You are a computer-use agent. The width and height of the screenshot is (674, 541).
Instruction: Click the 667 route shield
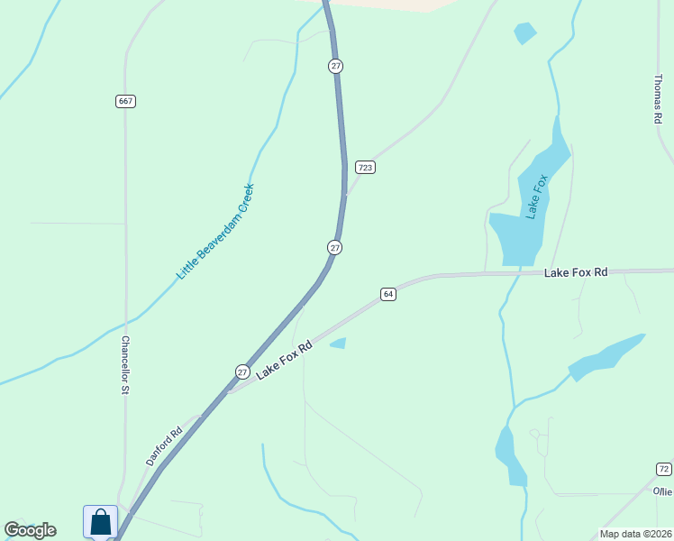(x=125, y=101)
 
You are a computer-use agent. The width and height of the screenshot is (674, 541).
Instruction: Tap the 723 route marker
(x=365, y=167)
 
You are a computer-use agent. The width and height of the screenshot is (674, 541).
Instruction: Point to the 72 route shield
(x=663, y=469)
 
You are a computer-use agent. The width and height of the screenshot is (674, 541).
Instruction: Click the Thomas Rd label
(x=658, y=98)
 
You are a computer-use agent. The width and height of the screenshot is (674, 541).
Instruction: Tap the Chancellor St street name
(x=126, y=365)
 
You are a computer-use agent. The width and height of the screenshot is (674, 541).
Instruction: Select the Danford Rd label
(x=165, y=445)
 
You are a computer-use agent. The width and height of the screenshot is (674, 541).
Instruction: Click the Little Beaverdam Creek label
(x=215, y=232)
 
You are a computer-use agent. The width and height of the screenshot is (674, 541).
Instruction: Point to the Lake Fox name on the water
(x=537, y=197)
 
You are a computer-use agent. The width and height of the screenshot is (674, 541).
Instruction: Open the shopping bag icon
(x=100, y=521)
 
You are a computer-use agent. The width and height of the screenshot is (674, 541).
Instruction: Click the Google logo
(x=30, y=530)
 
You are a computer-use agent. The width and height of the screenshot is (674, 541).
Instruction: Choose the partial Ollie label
(x=663, y=491)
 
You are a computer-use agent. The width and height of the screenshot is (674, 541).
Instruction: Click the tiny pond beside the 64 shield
(x=339, y=343)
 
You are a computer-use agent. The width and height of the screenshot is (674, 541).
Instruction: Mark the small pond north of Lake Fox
(x=524, y=33)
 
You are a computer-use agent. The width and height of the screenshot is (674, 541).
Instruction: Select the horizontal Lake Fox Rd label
(x=576, y=271)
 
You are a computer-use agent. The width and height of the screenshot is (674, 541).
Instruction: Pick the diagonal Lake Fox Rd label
(x=284, y=360)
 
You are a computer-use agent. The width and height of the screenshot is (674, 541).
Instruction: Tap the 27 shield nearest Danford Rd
(x=243, y=371)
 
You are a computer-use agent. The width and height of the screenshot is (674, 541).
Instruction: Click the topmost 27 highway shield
(x=335, y=66)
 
